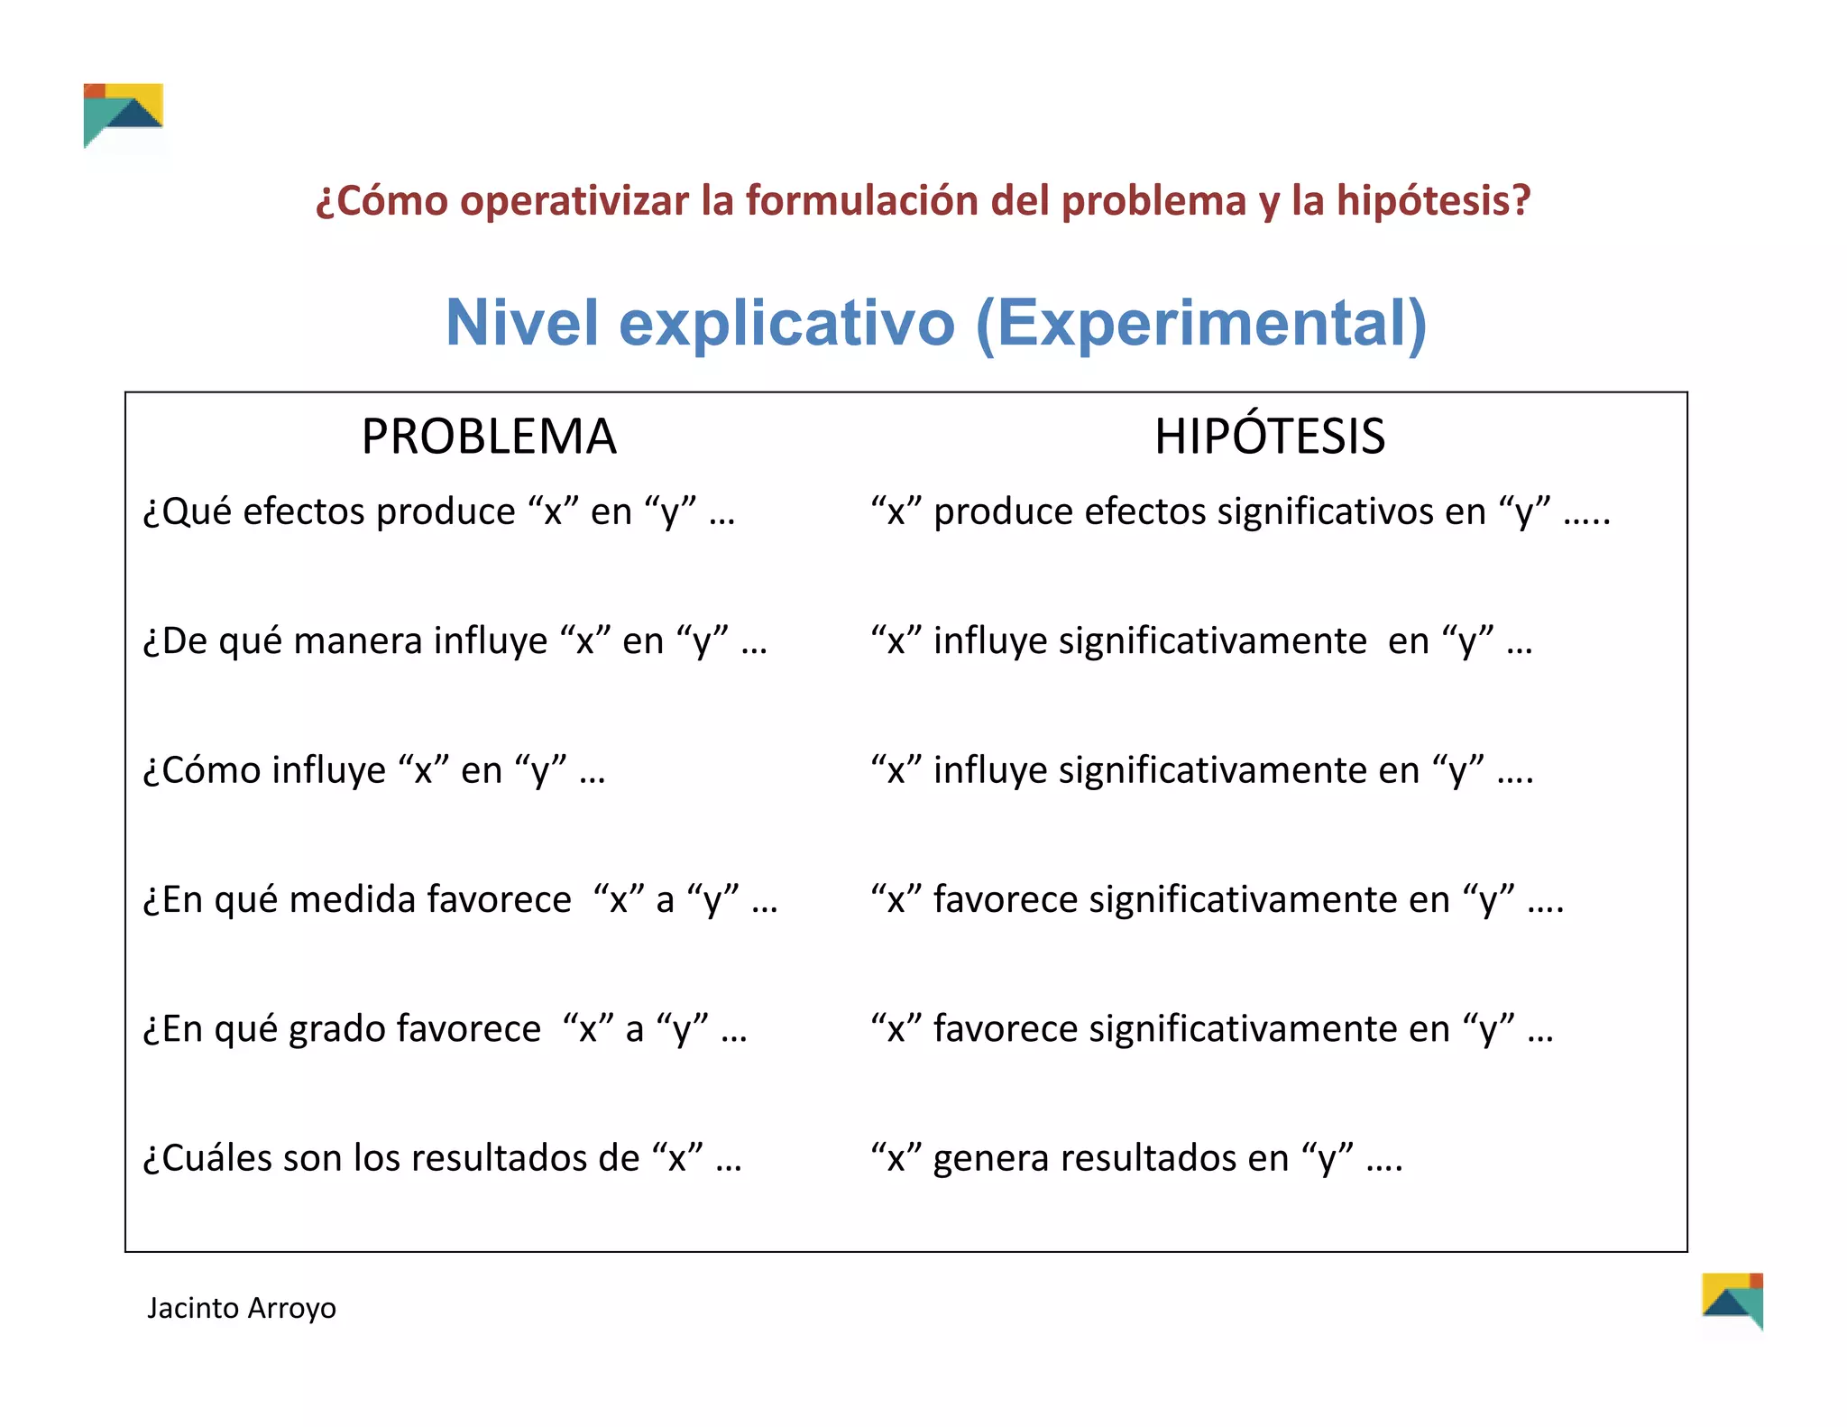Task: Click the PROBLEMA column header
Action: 489,437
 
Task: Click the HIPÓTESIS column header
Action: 1269,437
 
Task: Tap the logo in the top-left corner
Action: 124,115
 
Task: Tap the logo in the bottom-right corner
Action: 1732,1301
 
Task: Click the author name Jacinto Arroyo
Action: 242,1308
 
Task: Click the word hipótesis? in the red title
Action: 1433,200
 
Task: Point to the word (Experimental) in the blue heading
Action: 1201,323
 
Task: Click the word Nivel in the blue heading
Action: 522,323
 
